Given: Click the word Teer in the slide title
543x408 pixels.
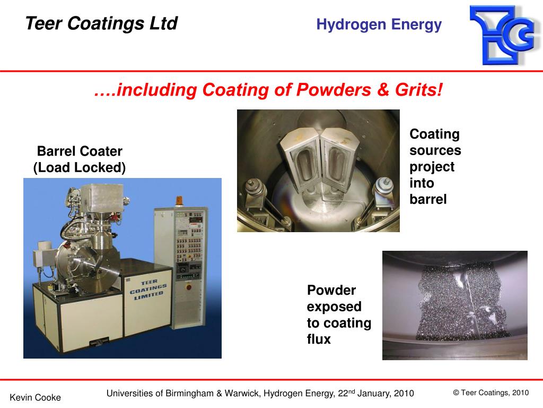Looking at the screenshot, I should point(44,23).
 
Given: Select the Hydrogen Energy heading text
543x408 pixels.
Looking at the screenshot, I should point(379,24).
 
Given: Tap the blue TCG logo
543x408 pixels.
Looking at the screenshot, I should point(501,35).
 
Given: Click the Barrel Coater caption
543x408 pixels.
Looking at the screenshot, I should point(80,151).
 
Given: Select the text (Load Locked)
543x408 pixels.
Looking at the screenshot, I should point(80,168).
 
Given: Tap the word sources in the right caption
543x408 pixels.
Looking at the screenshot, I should point(435,151).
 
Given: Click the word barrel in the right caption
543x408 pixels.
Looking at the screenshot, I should point(428,199).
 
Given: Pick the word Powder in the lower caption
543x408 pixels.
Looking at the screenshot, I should point(331,291).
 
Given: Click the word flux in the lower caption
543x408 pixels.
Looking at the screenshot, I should point(319,339).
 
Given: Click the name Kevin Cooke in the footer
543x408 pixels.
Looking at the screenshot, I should point(36,397).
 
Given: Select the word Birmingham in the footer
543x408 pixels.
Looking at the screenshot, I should point(187,394).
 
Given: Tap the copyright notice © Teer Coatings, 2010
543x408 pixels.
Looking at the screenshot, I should point(491,393).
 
